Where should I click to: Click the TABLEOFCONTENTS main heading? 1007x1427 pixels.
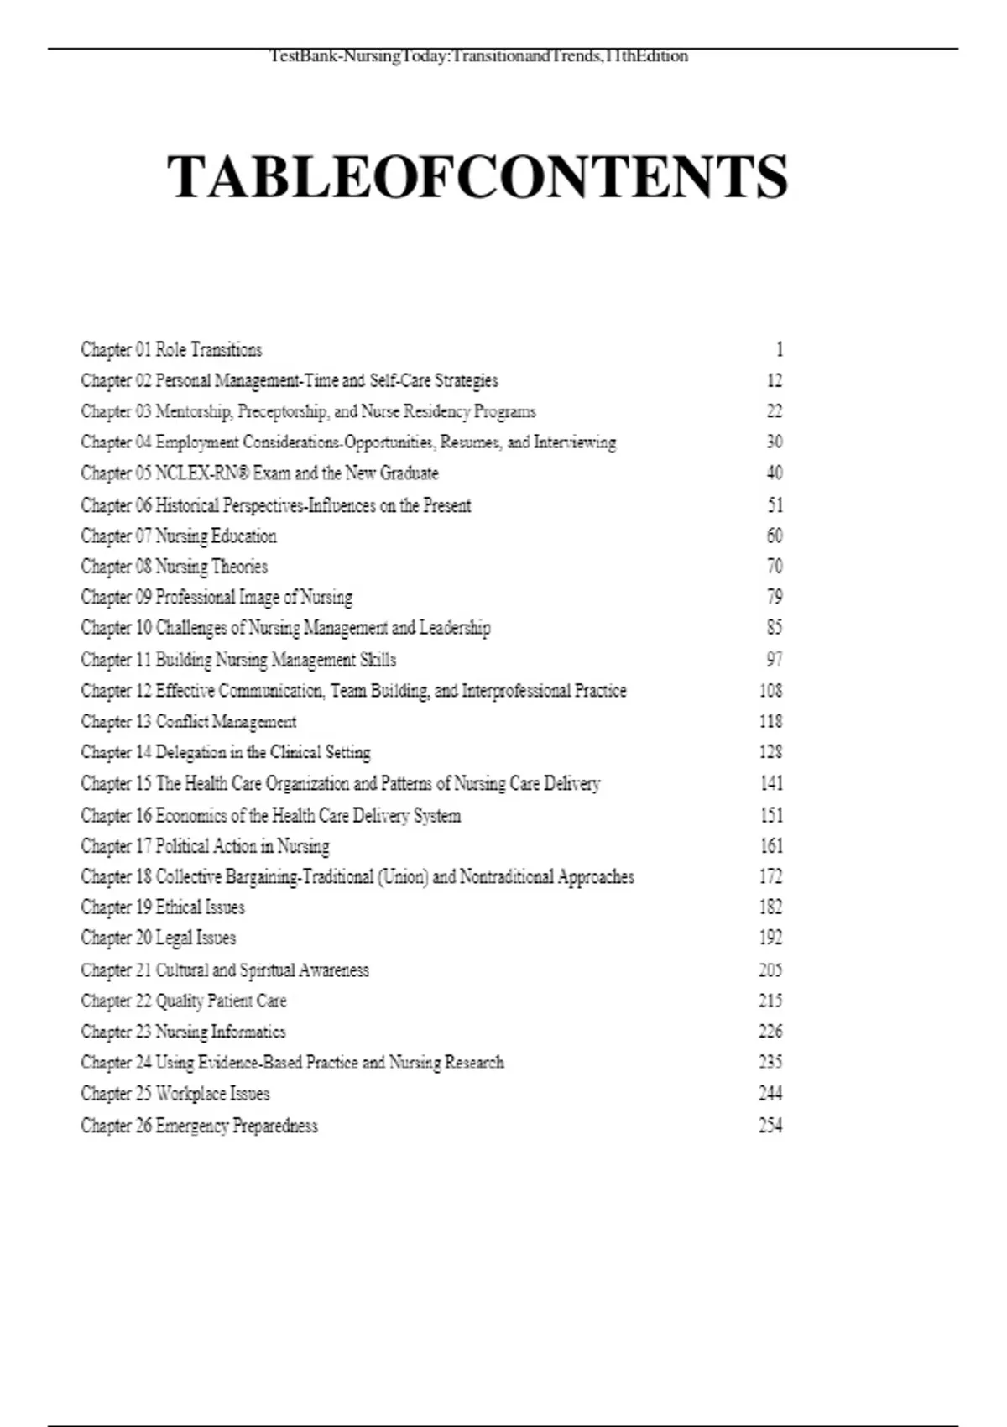pos(477,177)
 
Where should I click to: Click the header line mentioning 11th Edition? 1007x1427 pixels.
pos(478,56)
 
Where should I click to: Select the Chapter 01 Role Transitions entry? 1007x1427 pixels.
pos(171,349)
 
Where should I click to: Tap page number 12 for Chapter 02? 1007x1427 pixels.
pos(774,380)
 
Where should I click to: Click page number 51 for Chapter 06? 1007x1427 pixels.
pos(775,504)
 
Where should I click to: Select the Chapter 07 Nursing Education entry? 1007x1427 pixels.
pos(179,536)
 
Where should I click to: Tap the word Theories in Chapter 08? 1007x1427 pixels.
pos(239,567)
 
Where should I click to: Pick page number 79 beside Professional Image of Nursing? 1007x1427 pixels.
pos(774,597)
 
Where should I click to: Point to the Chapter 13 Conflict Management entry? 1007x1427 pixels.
pos(189,721)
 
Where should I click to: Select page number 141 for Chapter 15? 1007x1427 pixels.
pos(770,783)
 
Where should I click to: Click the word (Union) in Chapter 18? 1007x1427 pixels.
pos(403,876)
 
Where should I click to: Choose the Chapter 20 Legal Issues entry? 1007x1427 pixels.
pos(159,938)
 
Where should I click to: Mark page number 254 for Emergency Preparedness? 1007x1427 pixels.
pos(770,1125)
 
